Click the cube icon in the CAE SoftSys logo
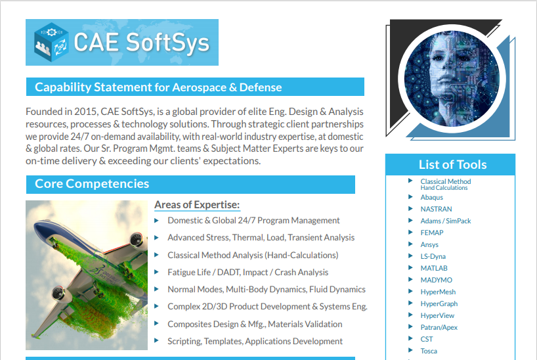[x=51, y=42]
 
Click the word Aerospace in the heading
[x=199, y=87]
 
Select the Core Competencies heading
[x=92, y=184]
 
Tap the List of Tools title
[x=452, y=165]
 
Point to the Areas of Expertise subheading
[x=197, y=205]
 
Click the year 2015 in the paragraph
[x=85, y=112]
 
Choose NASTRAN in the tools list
[x=436, y=209]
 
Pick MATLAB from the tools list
[x=434, y=268]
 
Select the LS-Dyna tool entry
[x=433, y=256]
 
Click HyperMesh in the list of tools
[x=438, y=292]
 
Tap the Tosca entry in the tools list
[x=429, y=351]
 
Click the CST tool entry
[x=427, y=339]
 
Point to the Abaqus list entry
[x=431, y=198]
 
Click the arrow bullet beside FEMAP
[x=410, y=233]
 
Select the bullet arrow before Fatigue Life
[x=156, y=272]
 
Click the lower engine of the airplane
[x=61, y=294]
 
